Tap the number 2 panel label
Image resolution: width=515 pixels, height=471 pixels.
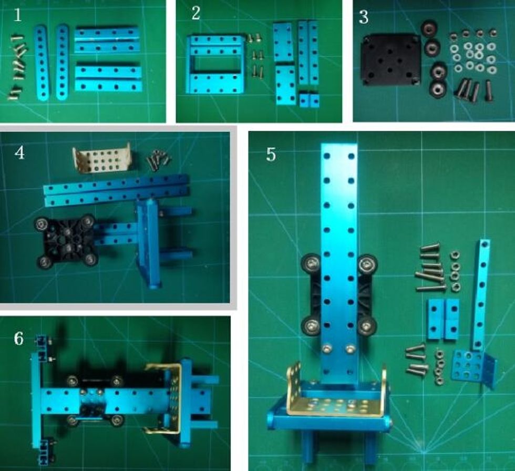pos(196,13)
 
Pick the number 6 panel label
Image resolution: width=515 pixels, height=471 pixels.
pos(19,339)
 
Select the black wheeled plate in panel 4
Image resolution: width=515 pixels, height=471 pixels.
pos(66,240)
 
